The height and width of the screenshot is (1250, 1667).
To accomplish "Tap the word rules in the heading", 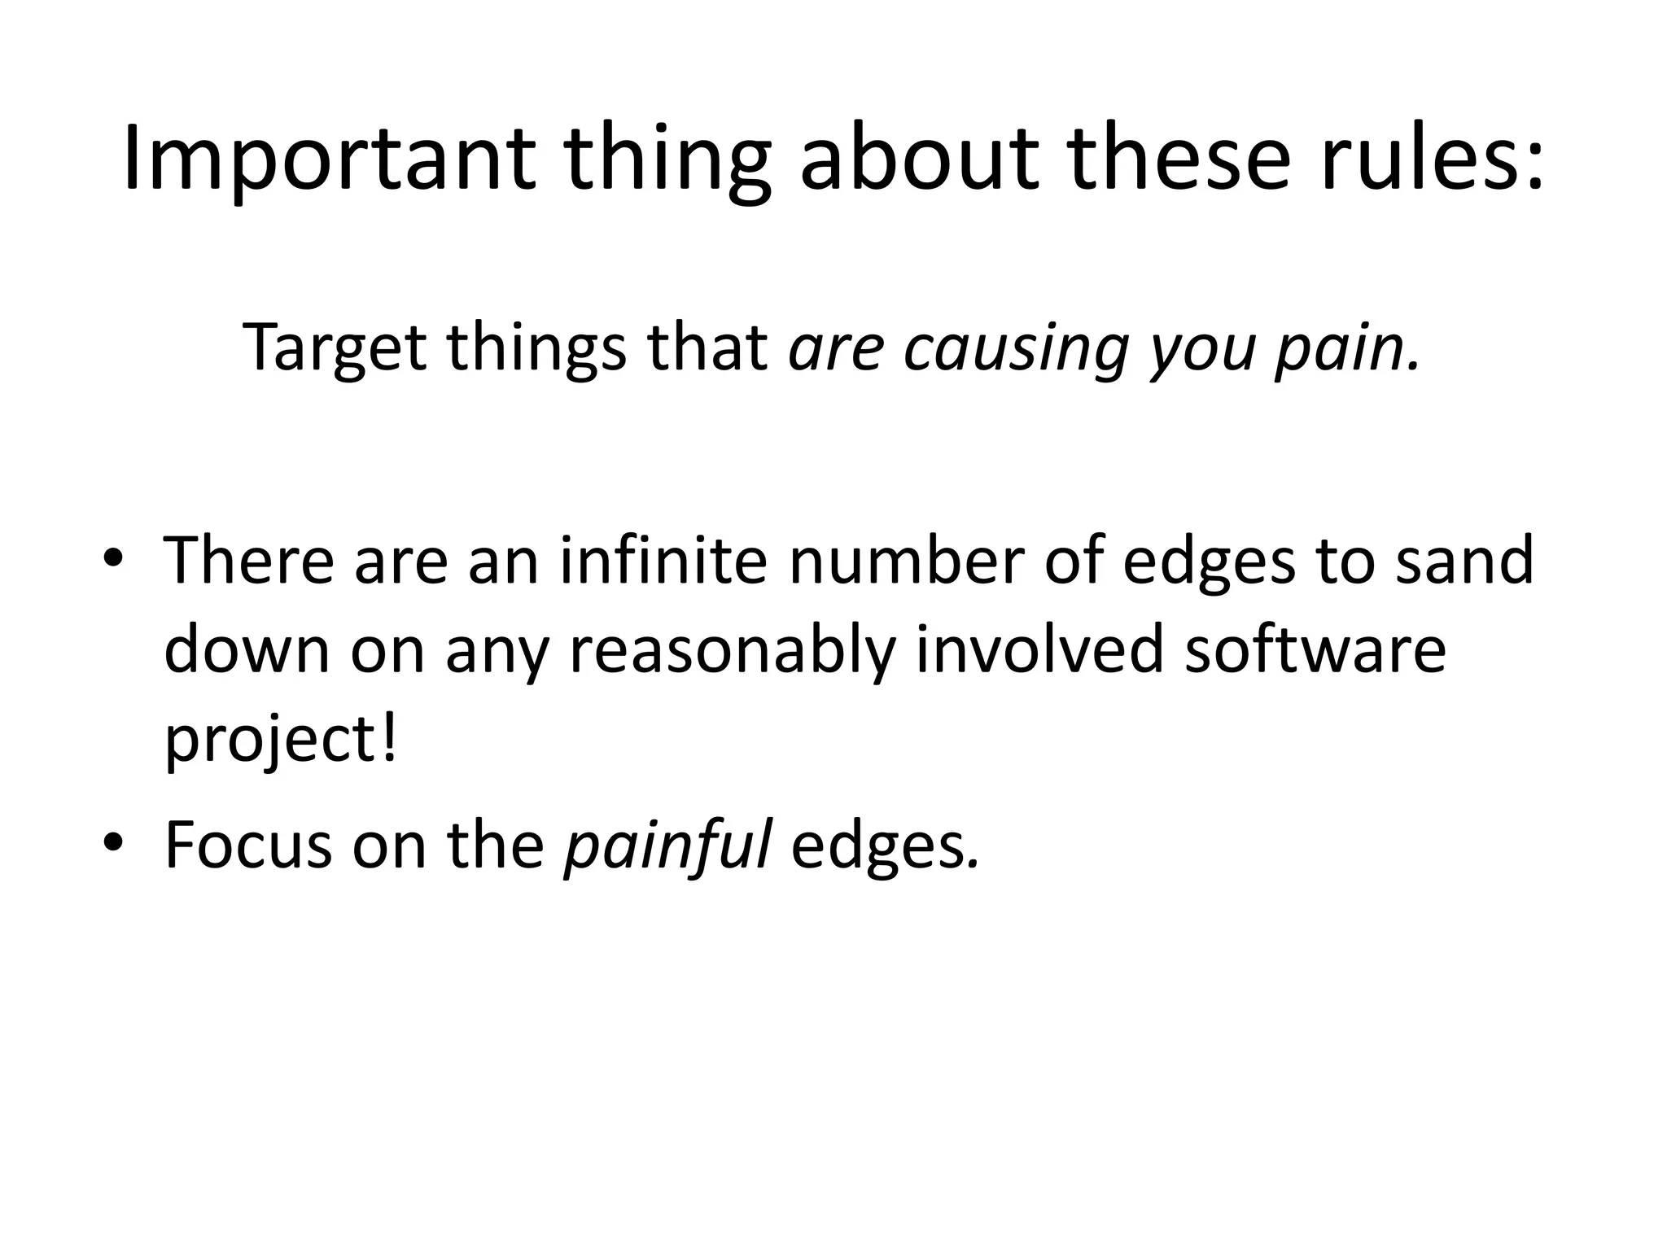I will pyautogui.click(x=1430, y=160).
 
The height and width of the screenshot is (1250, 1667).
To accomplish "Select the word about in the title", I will pyautogui.click(x=919, y=160).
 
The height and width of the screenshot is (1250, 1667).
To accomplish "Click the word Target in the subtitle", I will pyautogui.click(x=335, y=348).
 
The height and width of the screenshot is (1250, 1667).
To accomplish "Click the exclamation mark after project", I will pyautogui.click(x=388, y=736).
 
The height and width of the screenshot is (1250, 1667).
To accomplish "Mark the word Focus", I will pyautogui.click(x=248, y=844).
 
